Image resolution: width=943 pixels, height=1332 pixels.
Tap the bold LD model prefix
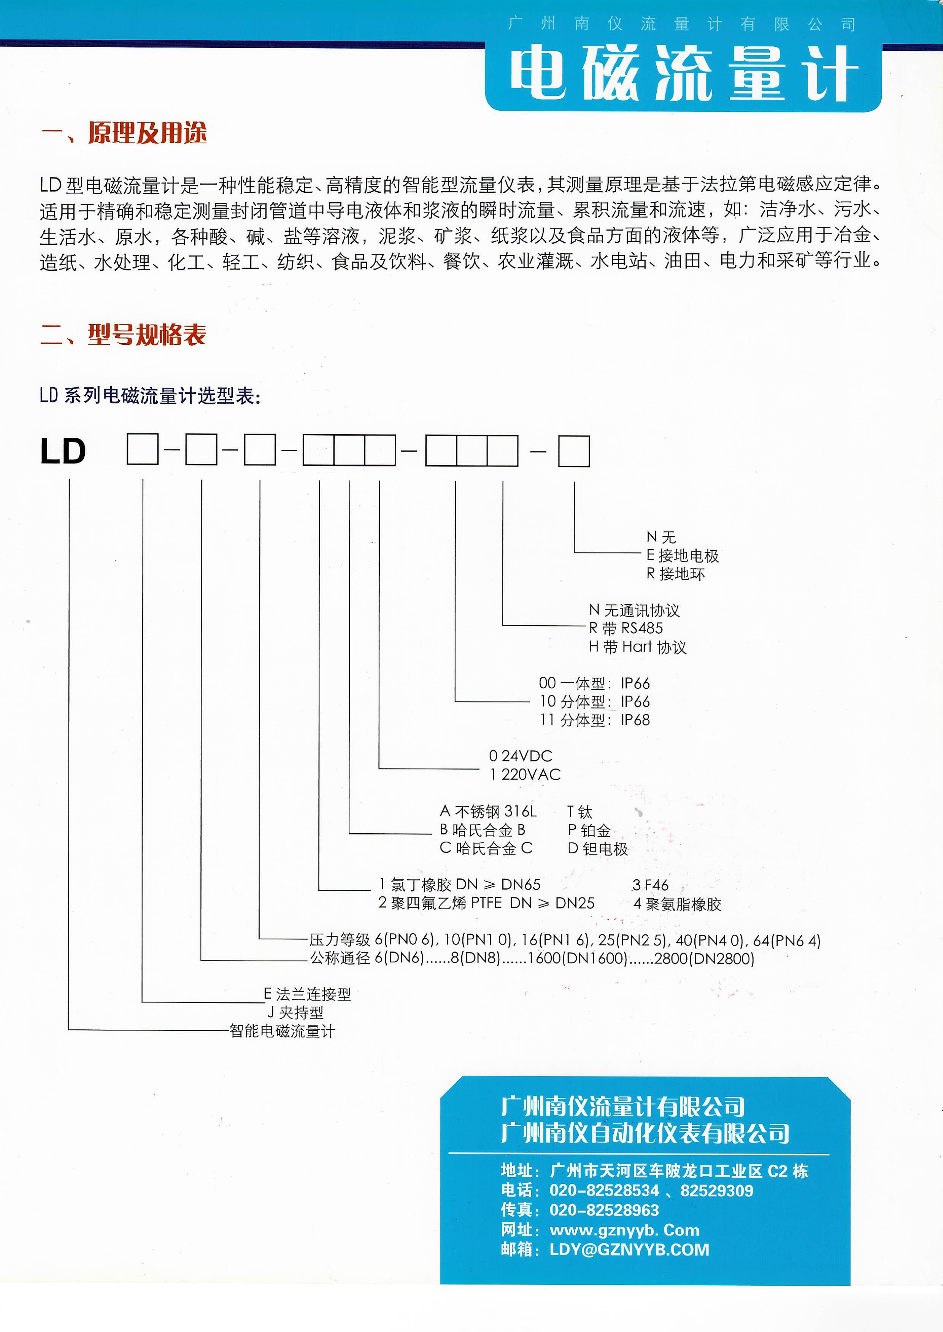[63, 451]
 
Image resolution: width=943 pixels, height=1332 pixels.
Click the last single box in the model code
[574, 451]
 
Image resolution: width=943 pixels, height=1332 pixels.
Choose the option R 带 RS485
[625, 628]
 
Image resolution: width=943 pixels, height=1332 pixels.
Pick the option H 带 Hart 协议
[637, 647]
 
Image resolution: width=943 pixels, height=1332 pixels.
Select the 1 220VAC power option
[525, 774]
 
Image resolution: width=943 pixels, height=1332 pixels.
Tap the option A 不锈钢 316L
[488, 811]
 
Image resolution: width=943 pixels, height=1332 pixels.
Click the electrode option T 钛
[579, 811]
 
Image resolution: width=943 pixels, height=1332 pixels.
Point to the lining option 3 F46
[650, 885]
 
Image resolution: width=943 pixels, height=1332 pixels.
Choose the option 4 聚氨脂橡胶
[677, 904]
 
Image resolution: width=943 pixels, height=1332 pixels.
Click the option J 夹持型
[295, 1013]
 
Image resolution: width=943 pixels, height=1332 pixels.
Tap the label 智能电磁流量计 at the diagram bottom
[282, 1031]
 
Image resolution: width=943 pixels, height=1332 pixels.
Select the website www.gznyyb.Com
[624, 1230]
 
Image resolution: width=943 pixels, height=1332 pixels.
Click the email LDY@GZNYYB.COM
[629, 1250]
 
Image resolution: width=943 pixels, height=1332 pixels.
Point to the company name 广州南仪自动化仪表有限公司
[645, 1132]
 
